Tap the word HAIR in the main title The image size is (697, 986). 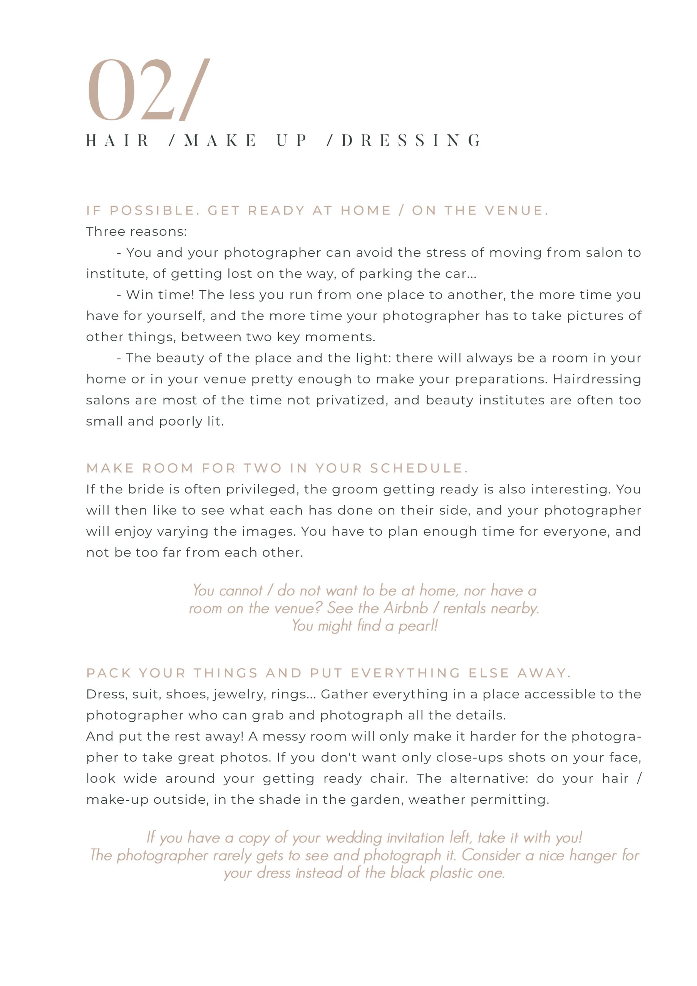[x=118, y=141]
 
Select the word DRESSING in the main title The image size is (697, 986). [x=411, y=141]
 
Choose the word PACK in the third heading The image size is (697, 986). [x=109, y=673]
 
